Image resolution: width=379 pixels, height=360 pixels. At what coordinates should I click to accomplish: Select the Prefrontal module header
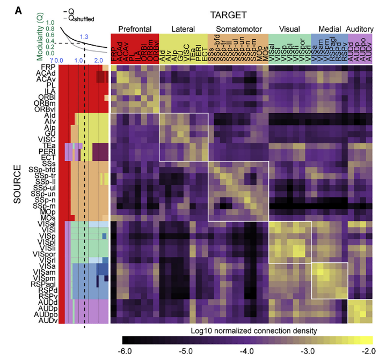coord(135,27)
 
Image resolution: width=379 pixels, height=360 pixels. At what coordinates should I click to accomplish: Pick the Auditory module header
coord(362,27)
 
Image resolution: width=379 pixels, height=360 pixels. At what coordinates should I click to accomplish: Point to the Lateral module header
coord(183,27)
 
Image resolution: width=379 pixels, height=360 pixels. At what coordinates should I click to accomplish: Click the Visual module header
coord(289,27)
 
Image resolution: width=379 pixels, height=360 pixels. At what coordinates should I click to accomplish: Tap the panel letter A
coord(8,8)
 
